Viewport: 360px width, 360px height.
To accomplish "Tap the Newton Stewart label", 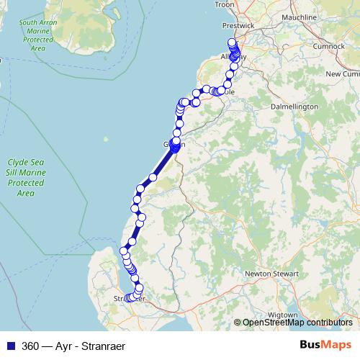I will pos(268,274).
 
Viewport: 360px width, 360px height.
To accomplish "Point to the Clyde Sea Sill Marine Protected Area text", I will pos(26,178).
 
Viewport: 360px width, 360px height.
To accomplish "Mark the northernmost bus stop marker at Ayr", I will pos(232,42).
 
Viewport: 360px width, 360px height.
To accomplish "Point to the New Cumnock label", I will pos(342,73).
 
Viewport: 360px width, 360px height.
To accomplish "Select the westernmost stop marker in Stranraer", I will pos(127,297).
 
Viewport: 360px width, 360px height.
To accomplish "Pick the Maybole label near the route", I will pos(228,92).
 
